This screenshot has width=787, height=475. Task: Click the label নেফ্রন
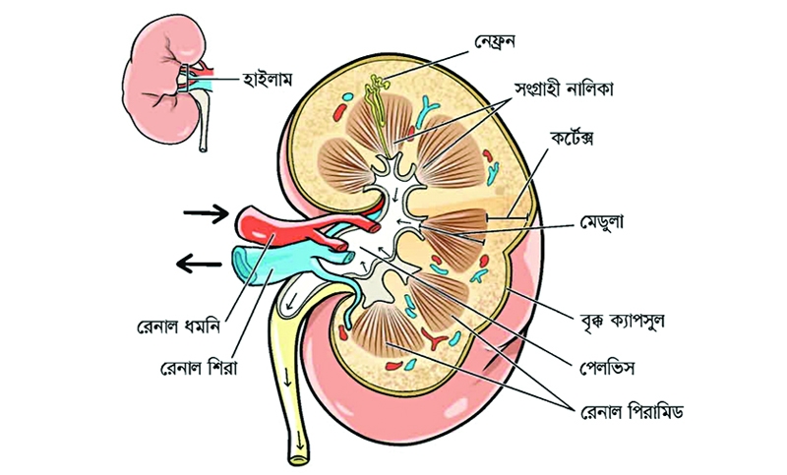pos(495,42)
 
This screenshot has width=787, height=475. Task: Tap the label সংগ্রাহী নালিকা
pos(564,89)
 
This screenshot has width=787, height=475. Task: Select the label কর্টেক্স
pos(572,137)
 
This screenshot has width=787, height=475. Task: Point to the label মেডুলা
pos(602,221)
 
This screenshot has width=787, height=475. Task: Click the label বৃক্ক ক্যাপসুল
pos(621,320)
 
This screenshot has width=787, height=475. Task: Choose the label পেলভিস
pos(607,368)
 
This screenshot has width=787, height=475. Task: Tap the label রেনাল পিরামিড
pos(632,412)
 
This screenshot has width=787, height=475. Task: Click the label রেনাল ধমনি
pos(179,327)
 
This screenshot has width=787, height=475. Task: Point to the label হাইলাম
pos(267,80)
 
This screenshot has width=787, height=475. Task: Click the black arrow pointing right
pos(206,213)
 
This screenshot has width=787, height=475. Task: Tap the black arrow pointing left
pos(199,264)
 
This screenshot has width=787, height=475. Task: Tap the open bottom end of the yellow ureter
pos(298,458)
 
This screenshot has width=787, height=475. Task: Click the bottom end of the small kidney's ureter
pos(203,148)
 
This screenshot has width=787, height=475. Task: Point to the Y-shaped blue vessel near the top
pos(428,109)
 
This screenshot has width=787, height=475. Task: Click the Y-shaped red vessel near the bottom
pos(434,338)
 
